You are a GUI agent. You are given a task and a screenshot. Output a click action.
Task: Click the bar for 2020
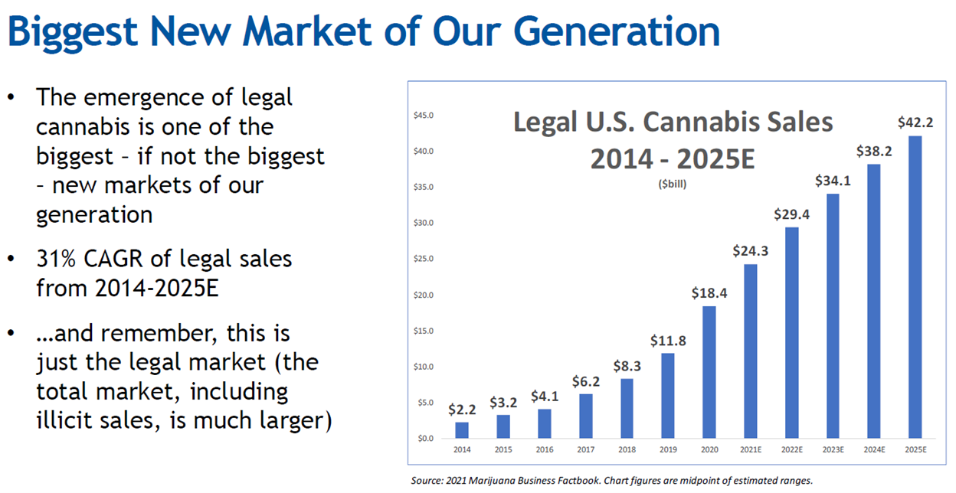[709, 372]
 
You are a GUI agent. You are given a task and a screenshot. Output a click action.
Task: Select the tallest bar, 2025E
[914, 287]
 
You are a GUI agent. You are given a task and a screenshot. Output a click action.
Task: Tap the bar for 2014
[462, 429]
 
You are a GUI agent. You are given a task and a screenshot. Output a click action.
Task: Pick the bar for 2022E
[791, 332]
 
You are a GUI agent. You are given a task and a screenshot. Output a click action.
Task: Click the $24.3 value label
[750, 250]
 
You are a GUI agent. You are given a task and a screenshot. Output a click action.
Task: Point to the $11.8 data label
[668, 340]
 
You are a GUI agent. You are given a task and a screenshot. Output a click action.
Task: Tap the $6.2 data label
[586, 380]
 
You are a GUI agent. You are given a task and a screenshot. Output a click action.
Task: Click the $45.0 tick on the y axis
[423, 116]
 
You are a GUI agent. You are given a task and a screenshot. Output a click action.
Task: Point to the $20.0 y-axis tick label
[423, 295]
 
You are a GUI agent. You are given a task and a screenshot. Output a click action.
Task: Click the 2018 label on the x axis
[627, 450]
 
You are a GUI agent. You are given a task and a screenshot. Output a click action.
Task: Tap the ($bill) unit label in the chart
[672, 184]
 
